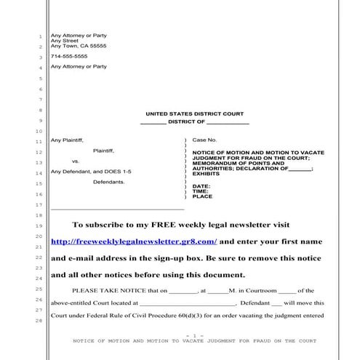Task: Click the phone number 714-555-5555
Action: pyautogui.click(x=69, y=56)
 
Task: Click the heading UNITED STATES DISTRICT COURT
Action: pyautogui.click(x=194, y=114)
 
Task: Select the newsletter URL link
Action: pyautogui.click(x=134, y=241)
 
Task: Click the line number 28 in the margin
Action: pyautogui.click(x=39, y=321)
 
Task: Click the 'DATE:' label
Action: pyautogui.click(x=200, y=185)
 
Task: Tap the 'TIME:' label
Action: pyautogui.click(x=200, y=191)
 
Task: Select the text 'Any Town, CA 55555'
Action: pyautogui.click(x=78, y=46)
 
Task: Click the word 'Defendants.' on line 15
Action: pyautogui.click(x=108, y=182)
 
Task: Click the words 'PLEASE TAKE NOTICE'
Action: pyautogui.click(x=103, y=289)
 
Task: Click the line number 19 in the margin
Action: pyautogui.click(x=39, y=227)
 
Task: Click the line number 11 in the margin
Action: pyautogui.click(x=39, y=140)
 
